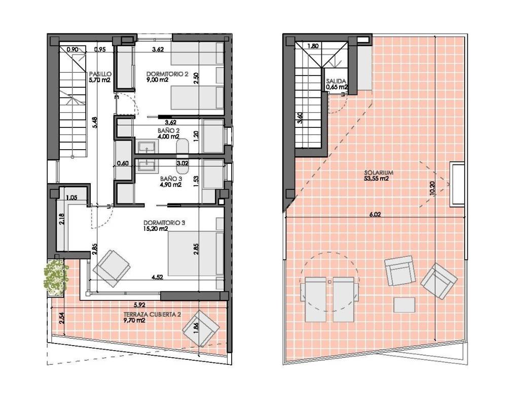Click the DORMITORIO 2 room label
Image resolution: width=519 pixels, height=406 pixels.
pyautogui.click(x=167, y=74)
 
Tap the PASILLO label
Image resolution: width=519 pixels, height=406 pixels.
pyautogui.click(x=100, y=74)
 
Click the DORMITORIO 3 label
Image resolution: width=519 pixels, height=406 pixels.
pyautogui.click(x=164, y=223)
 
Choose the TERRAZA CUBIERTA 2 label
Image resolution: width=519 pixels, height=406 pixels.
pyautogui.click(x=152, y=315)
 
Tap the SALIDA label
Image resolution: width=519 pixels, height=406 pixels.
pyautogui.click(x=336, y=81)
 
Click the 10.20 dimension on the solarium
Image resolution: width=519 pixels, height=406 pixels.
pyautogui.click(x=432, y=188)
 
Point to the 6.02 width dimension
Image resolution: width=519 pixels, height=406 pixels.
pyautogui.click(x=375, y=215)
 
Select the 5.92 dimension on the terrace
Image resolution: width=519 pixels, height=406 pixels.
pyautogui.click(x=140, y=304)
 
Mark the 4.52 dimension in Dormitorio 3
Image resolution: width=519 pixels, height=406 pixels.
pyautogui.click(x=157, y=278)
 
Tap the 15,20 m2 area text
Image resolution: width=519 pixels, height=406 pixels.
pyautogui.click(x=156, y=229)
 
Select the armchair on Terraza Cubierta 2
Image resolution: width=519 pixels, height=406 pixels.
pyautogui.click(x=201, y=328)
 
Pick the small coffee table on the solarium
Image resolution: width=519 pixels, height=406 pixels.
pyautogui.click(x=404, y=305)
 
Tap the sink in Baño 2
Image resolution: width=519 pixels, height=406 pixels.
pyautogui.click(x=146, y=147)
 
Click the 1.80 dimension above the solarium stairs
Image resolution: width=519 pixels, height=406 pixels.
pyautogui.click(x=313, y=46)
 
